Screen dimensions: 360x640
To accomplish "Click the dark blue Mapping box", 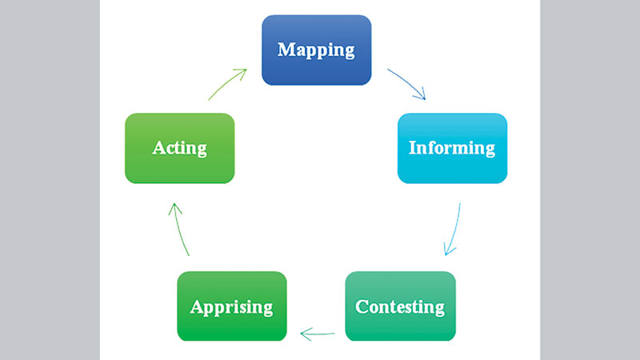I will [x=316, y=50].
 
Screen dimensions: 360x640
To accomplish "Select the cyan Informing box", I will [x=452, y=148].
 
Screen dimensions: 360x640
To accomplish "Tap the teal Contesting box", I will [x=400, y=306].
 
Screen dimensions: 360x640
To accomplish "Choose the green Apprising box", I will [x=231, y=306].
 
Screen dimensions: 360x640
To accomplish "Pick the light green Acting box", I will [x=180, y=148].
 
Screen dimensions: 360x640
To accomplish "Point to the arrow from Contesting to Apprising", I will [x=317, y=333].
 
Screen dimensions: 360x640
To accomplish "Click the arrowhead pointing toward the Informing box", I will [x=422, y=96].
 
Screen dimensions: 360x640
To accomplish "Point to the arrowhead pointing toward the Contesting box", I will [x=448, y=250].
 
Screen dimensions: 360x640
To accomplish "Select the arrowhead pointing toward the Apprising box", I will [x=304, y=333].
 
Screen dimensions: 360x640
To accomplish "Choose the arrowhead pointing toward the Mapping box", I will [x=242, y=73].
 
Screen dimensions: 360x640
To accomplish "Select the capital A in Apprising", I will [x=195, y=306].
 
